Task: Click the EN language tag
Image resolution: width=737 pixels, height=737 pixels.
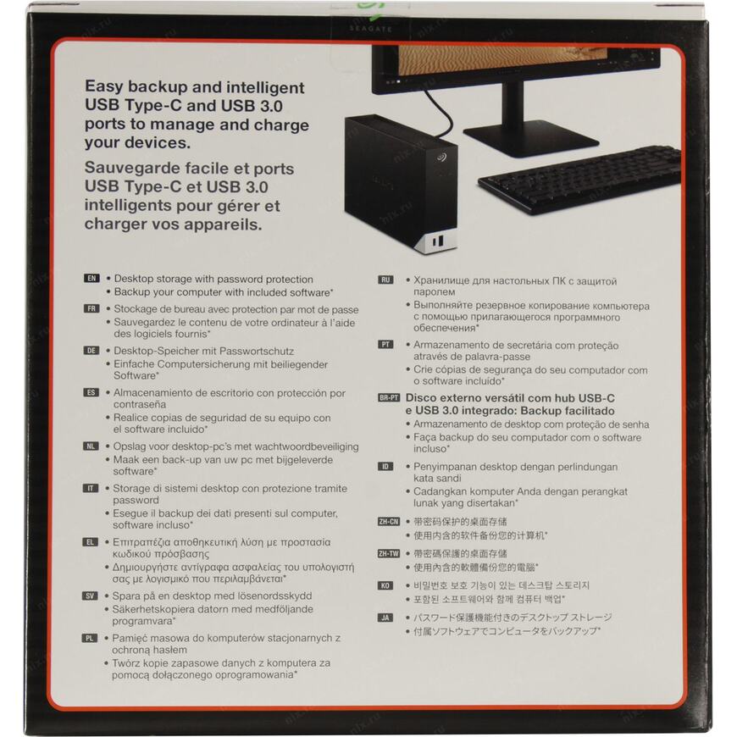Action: pos(91,278)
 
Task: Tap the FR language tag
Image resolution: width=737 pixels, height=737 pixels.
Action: pos(91,309)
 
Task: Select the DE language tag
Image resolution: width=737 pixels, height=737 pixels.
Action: pos(91,350)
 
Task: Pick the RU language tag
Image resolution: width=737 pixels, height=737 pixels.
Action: pos(385,280)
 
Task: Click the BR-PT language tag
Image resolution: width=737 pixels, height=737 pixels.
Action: pos(389,397)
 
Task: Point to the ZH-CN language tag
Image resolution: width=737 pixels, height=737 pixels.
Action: pos(389,521)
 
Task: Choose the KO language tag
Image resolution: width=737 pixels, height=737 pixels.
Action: pos(385,585)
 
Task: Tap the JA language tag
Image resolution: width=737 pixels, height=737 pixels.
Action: pos(385,618)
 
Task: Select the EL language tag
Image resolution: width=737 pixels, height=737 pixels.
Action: pos(91,542)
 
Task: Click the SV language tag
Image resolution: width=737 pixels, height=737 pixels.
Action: pos(90,596)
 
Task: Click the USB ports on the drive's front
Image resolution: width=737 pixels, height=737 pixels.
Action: pos(438,241)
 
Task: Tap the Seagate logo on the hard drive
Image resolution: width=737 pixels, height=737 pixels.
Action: pos(441,157)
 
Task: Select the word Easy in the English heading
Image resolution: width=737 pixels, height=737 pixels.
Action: pos(104,87)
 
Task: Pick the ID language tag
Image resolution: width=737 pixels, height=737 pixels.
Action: pos(385,467)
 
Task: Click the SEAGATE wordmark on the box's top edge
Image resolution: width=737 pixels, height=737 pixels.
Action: pos(371,29)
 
